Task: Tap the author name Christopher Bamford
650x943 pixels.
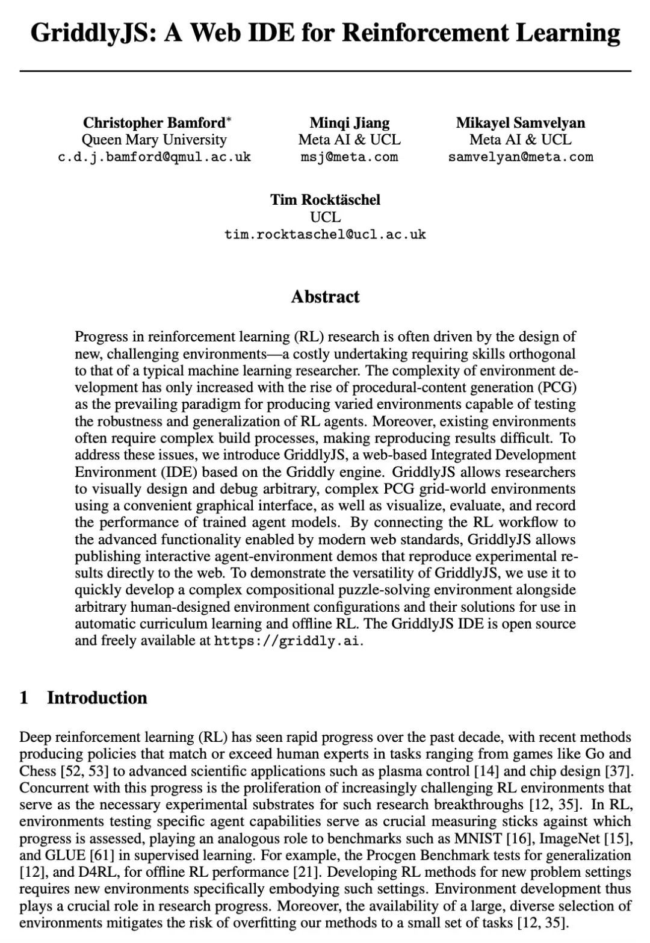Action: [x=153, y=123]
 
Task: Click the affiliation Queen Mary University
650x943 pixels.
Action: [x=154, y=140]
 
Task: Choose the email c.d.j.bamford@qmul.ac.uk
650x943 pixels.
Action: [x=154, y=157]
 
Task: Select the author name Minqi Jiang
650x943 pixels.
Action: [x=349, y=123]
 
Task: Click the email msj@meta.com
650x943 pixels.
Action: [x=349, y=157]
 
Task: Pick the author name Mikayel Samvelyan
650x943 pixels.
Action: [x=520, y=123]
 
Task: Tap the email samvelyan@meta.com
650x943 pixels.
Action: [x=520, y=157]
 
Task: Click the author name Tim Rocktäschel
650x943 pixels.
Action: [x=325, y=199]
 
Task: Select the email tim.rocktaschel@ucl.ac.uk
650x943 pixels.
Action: [x=325, y=234]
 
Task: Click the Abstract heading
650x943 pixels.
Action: [x=325, y=297]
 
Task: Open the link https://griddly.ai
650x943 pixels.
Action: [x=288, y=641]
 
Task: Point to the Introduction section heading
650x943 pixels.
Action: [x=97, y=698]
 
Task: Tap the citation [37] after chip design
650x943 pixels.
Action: [x=619, y=771]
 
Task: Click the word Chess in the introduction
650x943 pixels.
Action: [x=37, y=771]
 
